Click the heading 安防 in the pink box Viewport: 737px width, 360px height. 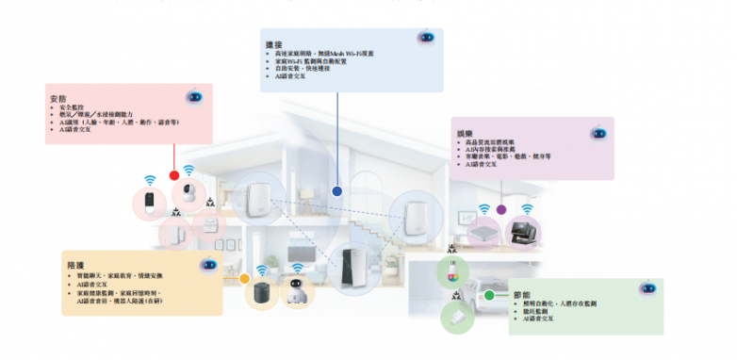click(x=57, y=98)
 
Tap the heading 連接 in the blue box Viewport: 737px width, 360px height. click(x=274, y=44)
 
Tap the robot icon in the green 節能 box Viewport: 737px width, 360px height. click(x=647, y=289)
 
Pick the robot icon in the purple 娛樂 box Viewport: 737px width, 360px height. click(x=596, y=133)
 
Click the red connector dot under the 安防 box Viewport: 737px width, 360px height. click(x=173, y=175)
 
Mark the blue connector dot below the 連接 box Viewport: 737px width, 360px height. click(x=336, y=190)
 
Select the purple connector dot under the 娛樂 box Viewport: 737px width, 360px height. click(x=501, y=209)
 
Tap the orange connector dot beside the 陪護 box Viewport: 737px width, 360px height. click(x=244, y=279)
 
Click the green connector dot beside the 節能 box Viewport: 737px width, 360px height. click(x=490, y=295)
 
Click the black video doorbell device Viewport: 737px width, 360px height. click(x=151, y=202)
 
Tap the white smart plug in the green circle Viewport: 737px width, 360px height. click(x=455, y=318)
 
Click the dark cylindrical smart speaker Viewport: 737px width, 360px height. click(x=261, y=291)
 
